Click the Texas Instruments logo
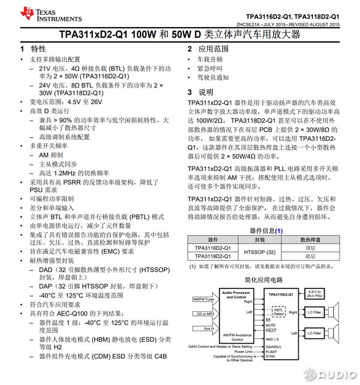[x=37, y=13]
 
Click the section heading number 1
[x=22, y=49]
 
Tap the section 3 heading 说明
[x=206, y=92]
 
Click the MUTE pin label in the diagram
[x=271, y=325]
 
